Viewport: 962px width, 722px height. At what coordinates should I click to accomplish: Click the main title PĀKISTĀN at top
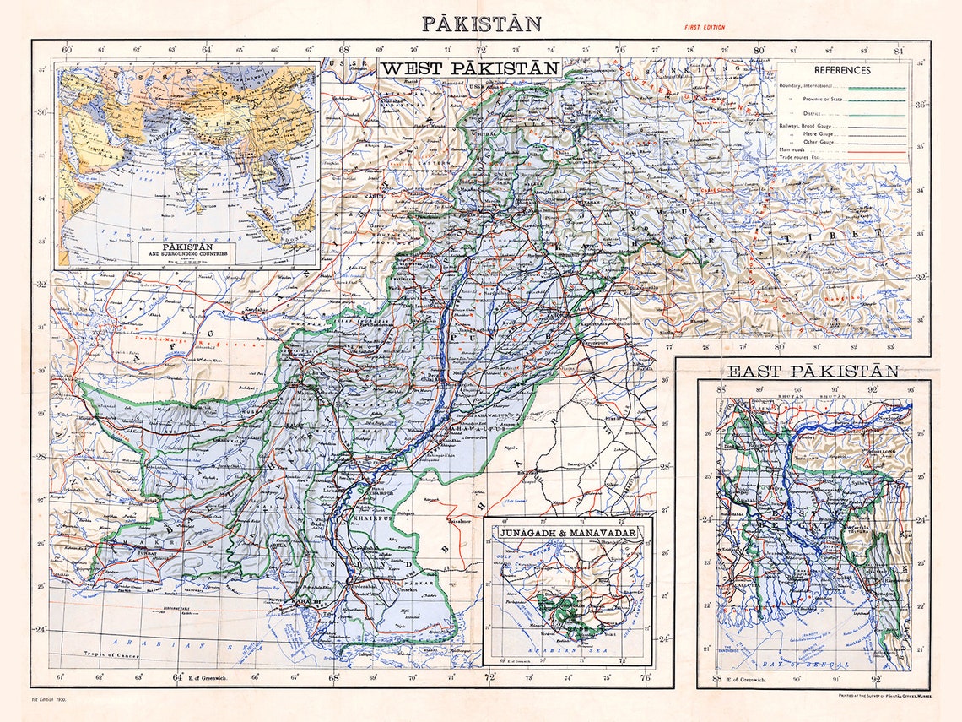481,24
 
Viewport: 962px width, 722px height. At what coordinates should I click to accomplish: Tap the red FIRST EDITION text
704,28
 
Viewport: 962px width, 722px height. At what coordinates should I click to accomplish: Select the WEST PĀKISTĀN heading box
469,68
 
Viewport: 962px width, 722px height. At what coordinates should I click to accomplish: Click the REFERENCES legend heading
841,70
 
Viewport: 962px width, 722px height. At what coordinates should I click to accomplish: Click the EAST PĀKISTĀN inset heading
813,371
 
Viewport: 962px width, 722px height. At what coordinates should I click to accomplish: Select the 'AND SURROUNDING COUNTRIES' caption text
186,253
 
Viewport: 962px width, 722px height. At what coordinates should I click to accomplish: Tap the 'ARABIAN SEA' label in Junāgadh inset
568,651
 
